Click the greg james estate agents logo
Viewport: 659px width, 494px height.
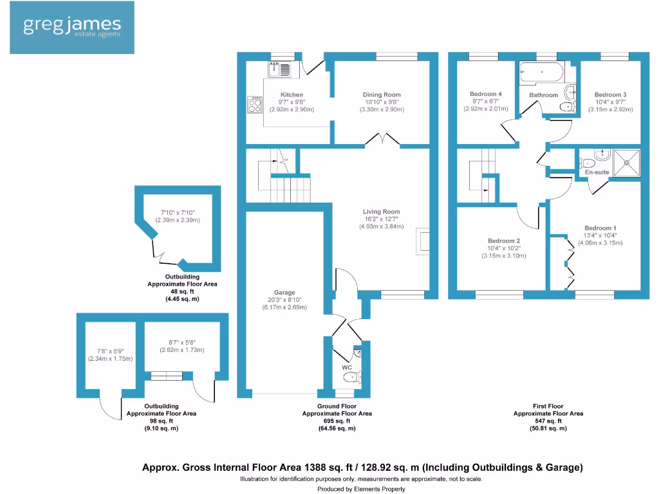coord(71,28)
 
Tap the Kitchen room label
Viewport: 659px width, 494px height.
coord(292,95)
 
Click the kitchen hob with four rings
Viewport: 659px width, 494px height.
coord(255,105)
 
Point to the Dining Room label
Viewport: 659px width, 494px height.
coord(382,95)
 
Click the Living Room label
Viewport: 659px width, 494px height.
coord(381,212)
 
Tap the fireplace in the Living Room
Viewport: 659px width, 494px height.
coord(423,240)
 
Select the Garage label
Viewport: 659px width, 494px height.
coord(284,292)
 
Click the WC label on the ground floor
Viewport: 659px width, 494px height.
coord(347,367)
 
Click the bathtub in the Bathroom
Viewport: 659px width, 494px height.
coord(541,72)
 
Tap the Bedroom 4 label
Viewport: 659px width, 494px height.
coord(486,94)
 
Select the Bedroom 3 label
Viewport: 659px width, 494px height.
coord(610,95)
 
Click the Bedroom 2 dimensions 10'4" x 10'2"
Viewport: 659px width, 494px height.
coord(504,248)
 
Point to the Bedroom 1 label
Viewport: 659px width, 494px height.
coord(600,228)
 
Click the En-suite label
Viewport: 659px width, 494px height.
coord(597,172)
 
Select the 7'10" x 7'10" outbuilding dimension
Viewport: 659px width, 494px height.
coord(178,213)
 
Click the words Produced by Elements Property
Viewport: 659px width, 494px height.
coord(361,489)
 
